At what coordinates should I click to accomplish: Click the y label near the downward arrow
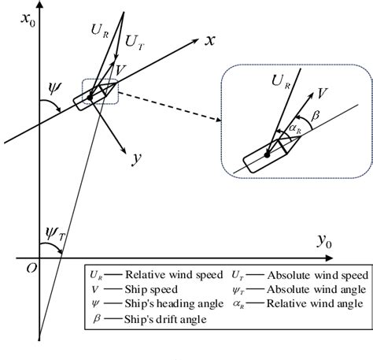pyautogui.click(x=136, y=158)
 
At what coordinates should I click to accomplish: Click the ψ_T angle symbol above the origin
pyautogui.click(x=54, y=232)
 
